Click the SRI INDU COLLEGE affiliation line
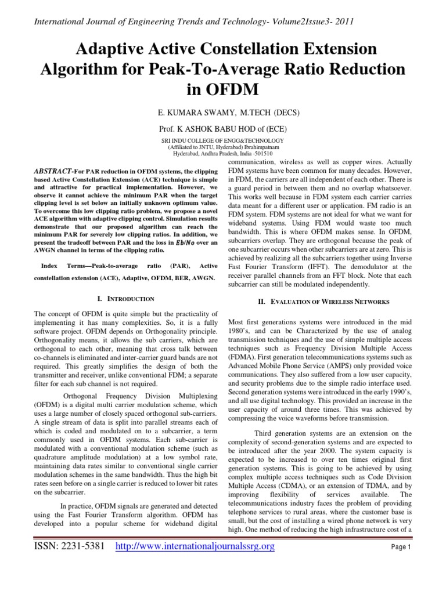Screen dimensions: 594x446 pos(222,141)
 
